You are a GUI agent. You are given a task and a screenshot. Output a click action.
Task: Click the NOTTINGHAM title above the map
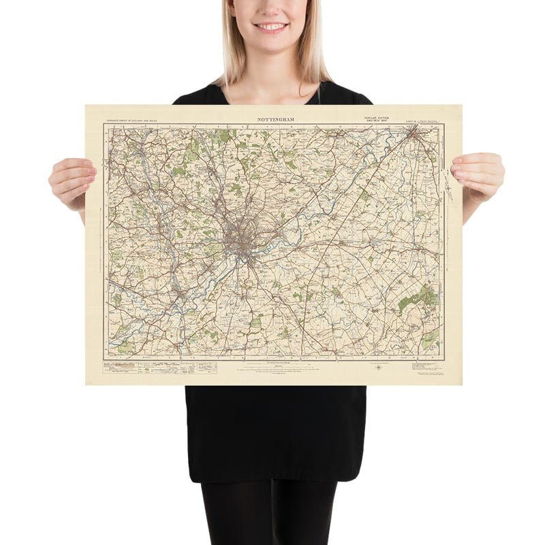(x=276, y=119)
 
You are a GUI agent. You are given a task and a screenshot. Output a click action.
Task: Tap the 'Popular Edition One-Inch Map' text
(x=379, y=119)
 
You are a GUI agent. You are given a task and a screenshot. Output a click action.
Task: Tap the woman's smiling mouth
(x=271, y=27)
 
